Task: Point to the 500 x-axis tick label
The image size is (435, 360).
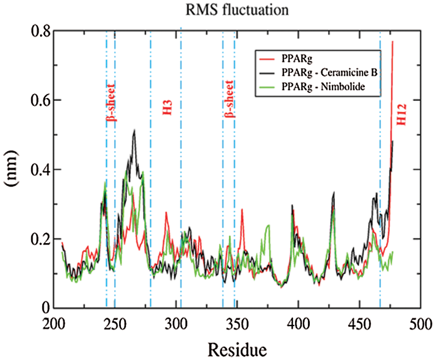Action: (x=420, y=323)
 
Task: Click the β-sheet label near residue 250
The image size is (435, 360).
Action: (x=110, y=102)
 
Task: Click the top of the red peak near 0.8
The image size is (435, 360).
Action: (x=392, y=42)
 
